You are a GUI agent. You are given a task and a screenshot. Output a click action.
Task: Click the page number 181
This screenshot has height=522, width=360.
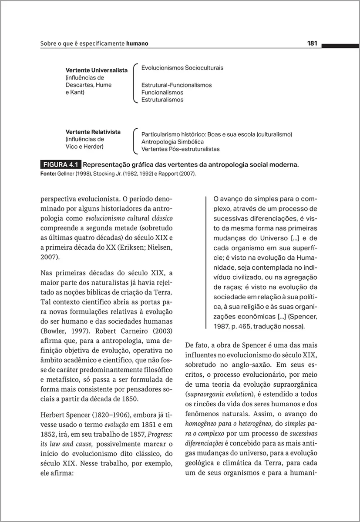[312, 43]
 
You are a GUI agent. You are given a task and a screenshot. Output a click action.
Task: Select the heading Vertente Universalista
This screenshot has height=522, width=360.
[96, 70]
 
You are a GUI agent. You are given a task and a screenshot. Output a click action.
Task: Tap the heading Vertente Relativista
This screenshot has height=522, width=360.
[93, 132]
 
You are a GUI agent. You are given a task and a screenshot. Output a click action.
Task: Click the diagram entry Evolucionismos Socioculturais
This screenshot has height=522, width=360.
[182, 68]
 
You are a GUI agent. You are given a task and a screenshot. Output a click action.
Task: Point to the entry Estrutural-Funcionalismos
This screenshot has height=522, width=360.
[176, 85]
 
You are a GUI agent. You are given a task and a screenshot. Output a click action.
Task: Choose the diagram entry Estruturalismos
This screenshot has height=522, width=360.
[162, 100]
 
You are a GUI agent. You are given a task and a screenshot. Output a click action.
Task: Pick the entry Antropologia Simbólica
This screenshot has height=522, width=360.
[172, 142]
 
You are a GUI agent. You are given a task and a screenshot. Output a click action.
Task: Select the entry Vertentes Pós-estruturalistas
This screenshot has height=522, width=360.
[180, 149]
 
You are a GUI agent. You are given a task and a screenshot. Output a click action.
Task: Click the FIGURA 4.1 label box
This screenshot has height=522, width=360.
[60, 165]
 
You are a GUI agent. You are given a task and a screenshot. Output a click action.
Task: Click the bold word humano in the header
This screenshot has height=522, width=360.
[137, 43]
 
